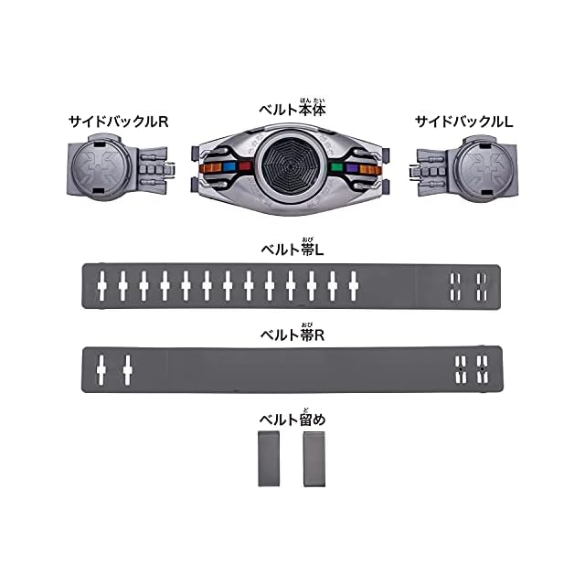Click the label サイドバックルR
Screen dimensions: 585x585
click(x=118, y=122)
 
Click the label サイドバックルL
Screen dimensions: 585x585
click(x=464, y=122)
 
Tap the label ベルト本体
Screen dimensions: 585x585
click(x=292, y=108)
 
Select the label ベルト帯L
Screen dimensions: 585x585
click(x=292, y=248)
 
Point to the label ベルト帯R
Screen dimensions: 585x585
click(x=292, y=333)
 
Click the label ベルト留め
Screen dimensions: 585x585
click(x=292, y=418)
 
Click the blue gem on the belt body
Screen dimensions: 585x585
click(x=229, y=166)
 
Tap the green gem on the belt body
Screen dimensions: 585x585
click(x=337, y=167)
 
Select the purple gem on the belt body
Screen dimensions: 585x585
click(x=352, y=168)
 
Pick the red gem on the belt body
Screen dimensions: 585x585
click(x=245, y=165)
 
